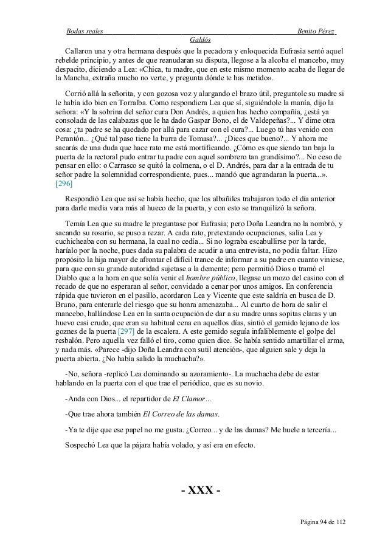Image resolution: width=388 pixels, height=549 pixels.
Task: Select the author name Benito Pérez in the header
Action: point(316,31)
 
